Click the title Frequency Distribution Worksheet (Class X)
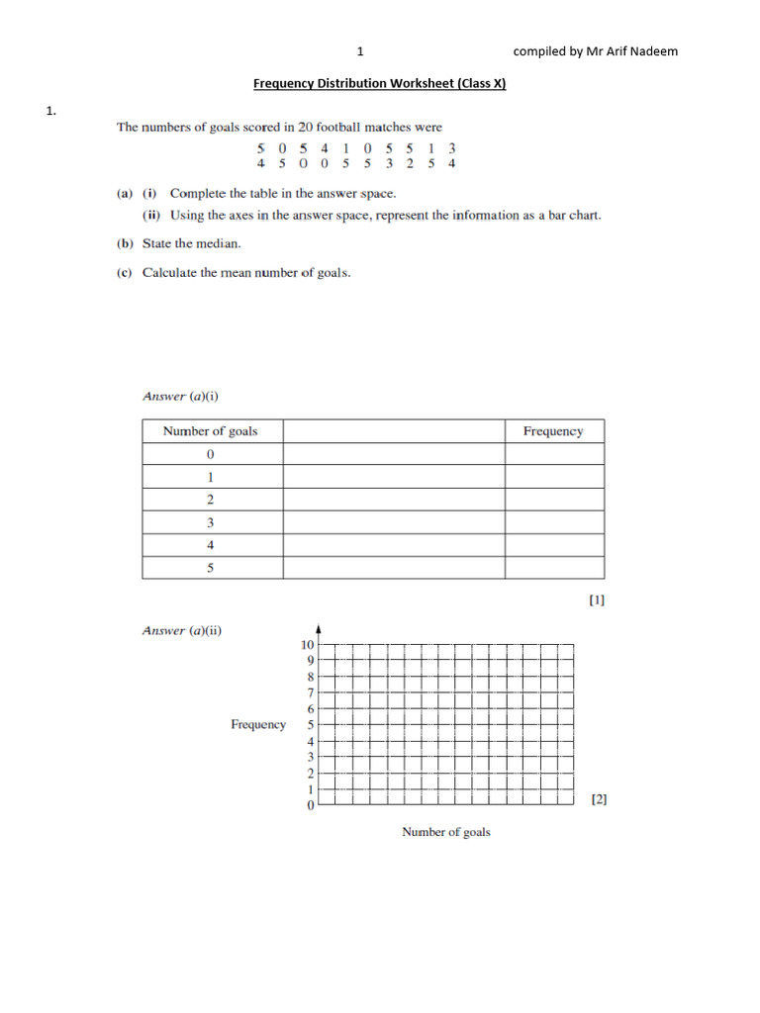click(x=379, y=84)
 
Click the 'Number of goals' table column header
click(x=210, y=431)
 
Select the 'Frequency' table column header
click(x=553, y=431)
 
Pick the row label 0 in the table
click(x=211, y=454)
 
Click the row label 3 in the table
click(x=211, y=522)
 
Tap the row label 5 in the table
click(x=211, y=568)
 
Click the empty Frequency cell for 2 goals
click(x=553, y=500)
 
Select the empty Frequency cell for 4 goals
click(x=553, y=545)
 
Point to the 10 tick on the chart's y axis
click(x=308, y=644)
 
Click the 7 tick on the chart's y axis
click(x=311, y=692)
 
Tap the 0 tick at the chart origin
click(x=311, y=806)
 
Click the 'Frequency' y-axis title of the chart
click(x=258, y=725)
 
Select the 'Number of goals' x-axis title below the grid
click(x=445, y=832)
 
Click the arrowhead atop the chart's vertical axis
click(x=318, y=628)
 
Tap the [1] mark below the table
click(x=597, y=599)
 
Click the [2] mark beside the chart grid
click(x=599, y=799)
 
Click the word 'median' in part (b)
click(x=221, y=243)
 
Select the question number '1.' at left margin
click(x=50, y=112)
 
